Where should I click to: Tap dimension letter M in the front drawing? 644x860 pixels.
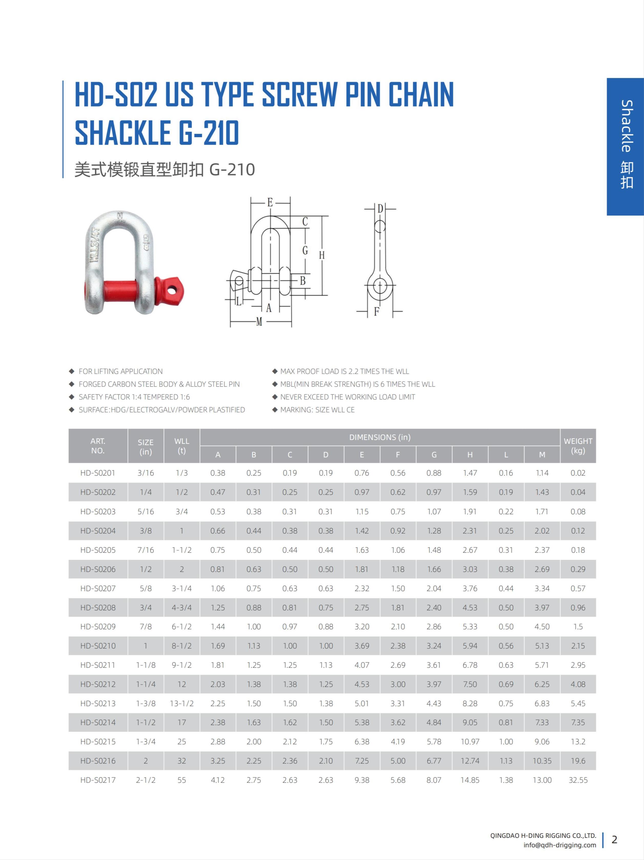259,322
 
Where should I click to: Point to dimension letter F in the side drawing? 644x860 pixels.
376,312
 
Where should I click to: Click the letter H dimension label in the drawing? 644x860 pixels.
322,255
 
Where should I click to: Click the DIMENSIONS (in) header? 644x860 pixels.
380,437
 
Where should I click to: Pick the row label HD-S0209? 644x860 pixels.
98,626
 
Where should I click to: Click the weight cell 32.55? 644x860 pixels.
578,780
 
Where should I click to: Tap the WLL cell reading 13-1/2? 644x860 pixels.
182,703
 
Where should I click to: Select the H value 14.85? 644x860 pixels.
470,780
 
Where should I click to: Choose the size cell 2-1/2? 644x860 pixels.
146,780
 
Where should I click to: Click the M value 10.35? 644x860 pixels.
542,761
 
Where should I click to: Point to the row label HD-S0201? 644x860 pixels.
98,473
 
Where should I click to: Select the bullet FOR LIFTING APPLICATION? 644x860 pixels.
121,371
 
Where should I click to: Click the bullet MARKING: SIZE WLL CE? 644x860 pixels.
317,410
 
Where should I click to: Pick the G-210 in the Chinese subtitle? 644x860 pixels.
232,170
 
